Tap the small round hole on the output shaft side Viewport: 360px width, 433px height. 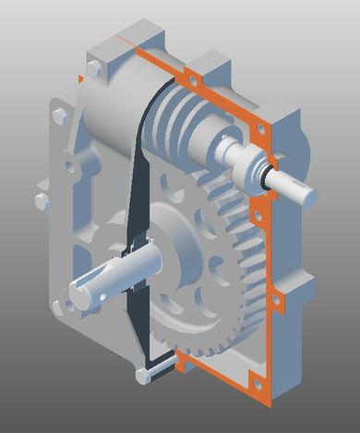103,295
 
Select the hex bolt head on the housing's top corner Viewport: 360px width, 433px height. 93,69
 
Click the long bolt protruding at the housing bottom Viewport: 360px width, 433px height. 153,374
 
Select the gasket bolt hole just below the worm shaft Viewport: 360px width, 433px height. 260,219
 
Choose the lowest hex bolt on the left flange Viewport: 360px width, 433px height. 42,201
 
